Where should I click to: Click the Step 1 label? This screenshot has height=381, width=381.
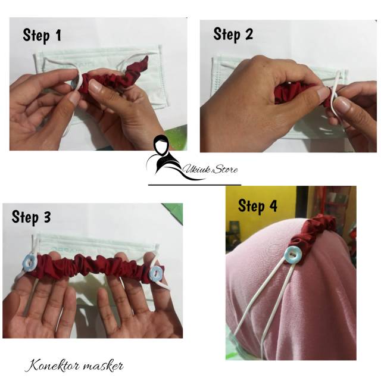(x=42, y=36)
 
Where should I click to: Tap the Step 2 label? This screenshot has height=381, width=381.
(x=233, y=35)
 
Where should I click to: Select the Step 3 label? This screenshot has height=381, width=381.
(x=32, y=217)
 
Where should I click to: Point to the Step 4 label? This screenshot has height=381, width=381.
(x=258, y=207)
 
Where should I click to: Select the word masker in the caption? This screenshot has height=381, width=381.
(x=100, y=366)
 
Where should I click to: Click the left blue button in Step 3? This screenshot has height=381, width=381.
(x=29, y=264)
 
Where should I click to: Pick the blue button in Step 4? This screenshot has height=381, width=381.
(x=293, y=255)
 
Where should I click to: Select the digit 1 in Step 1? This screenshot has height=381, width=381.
(x=58, y=35)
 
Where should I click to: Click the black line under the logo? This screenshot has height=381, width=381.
(x=195, y=185)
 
